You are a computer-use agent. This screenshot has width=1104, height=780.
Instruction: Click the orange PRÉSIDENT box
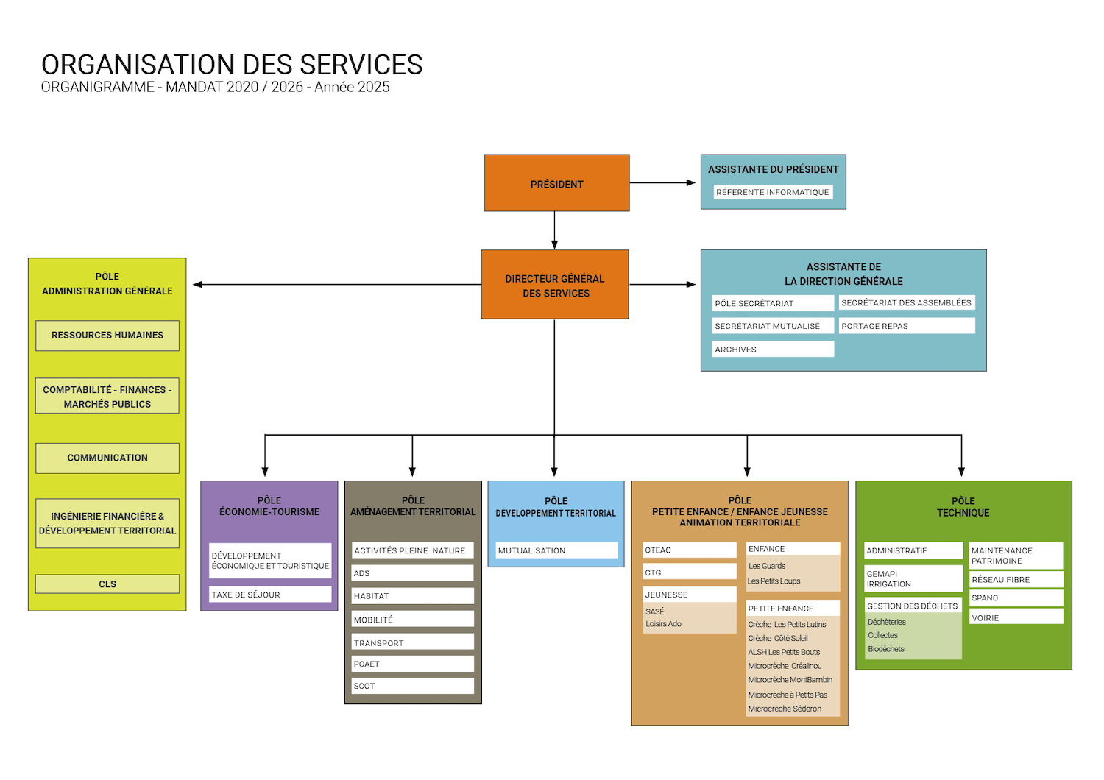click(x=556, y=183)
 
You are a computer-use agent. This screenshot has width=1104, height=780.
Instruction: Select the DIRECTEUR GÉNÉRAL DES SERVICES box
click(x=555, y=285)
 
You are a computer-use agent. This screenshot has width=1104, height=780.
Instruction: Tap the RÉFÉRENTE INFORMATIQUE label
click(x=772, y=192)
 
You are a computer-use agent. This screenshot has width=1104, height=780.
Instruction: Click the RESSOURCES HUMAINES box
click(x=107, y=336)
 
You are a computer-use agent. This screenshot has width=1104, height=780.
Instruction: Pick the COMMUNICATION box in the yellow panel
click(x=107, y=458)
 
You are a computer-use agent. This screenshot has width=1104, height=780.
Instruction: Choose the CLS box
click(x=107, y=584)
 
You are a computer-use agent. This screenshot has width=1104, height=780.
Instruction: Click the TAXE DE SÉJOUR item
click(x=269, y=595)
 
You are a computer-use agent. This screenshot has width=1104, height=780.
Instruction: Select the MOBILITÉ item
click(x=412, y=620)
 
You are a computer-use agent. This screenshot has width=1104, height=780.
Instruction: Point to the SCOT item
click(x=412, y=686)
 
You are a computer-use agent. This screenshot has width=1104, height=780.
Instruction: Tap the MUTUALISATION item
click(x=556, y=550)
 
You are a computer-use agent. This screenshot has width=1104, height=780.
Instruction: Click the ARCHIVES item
click(x=772, y=350)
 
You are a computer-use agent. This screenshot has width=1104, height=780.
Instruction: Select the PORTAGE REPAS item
click(x=906, y=326)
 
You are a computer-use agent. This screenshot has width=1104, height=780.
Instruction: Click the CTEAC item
click(x=689, y=550)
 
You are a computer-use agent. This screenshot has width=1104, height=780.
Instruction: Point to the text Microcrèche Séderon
click(x=785, y=709)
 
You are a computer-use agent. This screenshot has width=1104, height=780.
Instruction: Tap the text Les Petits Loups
click(x=774, y=581)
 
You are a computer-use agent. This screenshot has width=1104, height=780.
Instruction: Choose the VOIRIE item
click(x=1016, y=618)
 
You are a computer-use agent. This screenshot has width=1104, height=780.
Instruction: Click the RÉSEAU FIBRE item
click(x=1016, y=580)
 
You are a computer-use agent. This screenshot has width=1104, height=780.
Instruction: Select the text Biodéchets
click(x=886, y=649)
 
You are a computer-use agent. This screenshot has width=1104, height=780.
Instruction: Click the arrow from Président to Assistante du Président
click(x=662, y=182)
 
